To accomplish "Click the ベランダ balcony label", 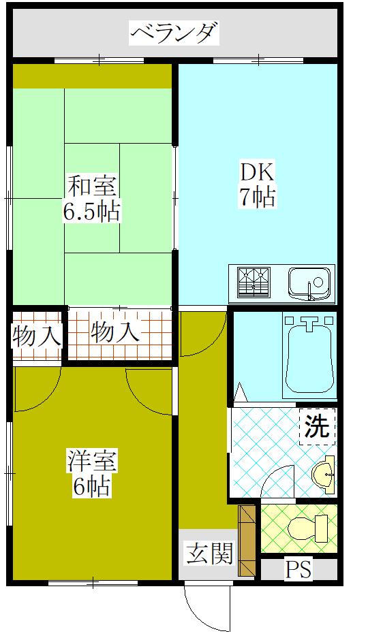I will tap(174, 33).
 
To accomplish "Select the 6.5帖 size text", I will tap(92, 212).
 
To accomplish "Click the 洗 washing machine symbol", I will tap(317, 427).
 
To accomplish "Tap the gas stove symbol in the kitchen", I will tap(254, 283).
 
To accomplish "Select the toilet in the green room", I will tap(307, 527).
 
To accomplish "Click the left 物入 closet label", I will tap(37, 335).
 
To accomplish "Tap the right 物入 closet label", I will tap(115, 333).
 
